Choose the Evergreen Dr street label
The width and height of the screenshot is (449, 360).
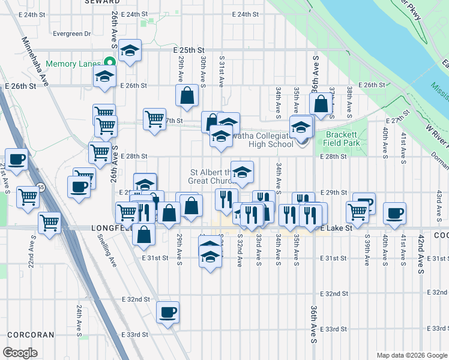pyautogui.click(x=71, y=34)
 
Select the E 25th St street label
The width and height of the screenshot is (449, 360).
pyautogui.click(x=190, y=50)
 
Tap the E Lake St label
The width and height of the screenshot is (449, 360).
pyautogui.click(x=334, y=229)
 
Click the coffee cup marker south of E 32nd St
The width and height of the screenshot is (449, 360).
pyautogui.click(x=167, y=311)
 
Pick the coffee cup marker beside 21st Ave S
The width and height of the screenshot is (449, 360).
pyautogui.click(x=17, y=159)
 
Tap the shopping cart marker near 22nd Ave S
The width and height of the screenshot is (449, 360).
pyautogui.click(x=28, y=196)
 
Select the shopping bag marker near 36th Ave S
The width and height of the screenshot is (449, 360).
pyautogui.click(x=322, y=103)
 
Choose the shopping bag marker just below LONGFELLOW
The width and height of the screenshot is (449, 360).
pyautogui.click(x=144, y=235)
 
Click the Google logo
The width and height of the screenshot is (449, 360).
pyautogui.click(x=19, y=353)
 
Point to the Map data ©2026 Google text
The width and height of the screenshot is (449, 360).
pyautogui.click(x=411, y=355)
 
